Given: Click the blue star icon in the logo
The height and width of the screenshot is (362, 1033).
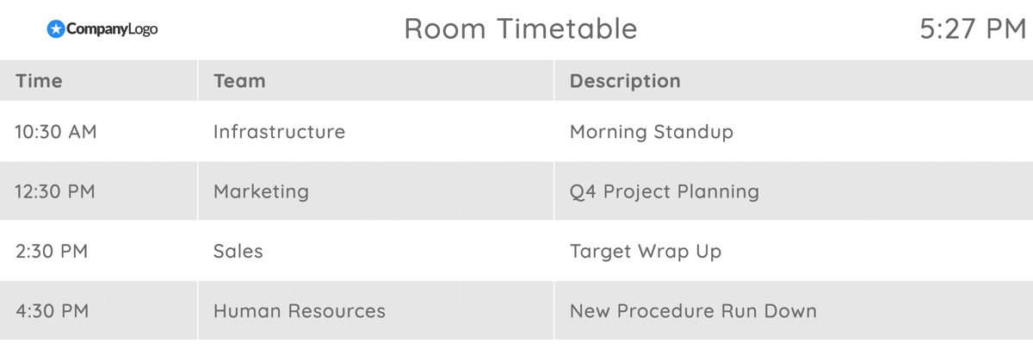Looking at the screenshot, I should click(56, 29).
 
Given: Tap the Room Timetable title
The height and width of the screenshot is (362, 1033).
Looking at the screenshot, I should click(520, 29).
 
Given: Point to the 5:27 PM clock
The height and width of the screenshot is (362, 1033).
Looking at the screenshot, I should click(972, 29).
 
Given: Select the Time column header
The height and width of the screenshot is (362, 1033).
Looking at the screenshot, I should click(39, 81).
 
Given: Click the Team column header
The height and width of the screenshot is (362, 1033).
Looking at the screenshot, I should click(239, 81).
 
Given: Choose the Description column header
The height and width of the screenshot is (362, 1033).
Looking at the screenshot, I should click(625, 81).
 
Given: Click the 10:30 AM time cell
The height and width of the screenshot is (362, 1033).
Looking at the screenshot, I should click(56, 132).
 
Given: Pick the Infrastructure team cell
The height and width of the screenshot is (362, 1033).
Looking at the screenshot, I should click(279, 132).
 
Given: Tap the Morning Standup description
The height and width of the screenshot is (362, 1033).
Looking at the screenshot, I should click(651, 132).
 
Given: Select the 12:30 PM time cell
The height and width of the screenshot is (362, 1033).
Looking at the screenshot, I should click(55, 191).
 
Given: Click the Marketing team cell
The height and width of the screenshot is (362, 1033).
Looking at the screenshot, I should click(261, 191).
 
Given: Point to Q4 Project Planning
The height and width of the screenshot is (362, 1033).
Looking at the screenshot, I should click(664, 191).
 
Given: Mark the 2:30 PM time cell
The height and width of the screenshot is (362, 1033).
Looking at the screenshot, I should click(52, 252).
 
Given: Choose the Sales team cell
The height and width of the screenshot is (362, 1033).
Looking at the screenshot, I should click(238, 252).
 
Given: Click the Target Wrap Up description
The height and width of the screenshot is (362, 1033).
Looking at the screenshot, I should click(645, 252).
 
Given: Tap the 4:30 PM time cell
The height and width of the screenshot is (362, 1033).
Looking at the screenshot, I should click(52, 311).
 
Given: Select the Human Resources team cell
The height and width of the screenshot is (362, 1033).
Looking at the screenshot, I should click(299, 311).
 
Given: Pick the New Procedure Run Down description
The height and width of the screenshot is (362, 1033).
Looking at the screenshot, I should click(692, 311).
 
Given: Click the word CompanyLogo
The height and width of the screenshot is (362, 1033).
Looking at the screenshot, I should click(112, 29).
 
